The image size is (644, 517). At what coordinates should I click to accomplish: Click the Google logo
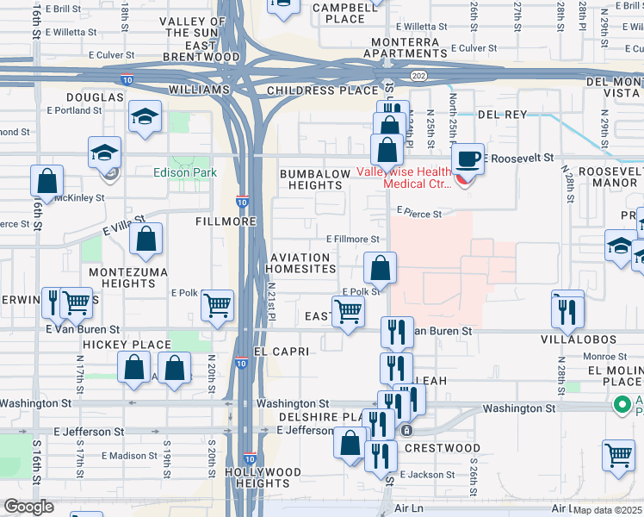[28, 507]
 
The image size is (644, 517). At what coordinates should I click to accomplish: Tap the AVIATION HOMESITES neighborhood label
[302, 263]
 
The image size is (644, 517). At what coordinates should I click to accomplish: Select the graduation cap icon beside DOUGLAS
[146, 117]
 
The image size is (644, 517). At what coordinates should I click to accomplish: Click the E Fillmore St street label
[353, 240]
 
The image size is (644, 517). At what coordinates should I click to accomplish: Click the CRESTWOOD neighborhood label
[442, 448]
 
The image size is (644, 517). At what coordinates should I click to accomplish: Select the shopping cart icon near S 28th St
[619, 456]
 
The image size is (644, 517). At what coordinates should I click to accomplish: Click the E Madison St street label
[130, 456]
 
